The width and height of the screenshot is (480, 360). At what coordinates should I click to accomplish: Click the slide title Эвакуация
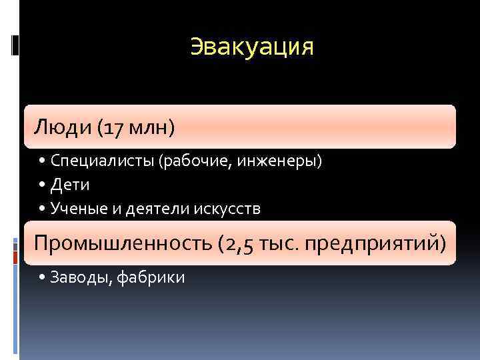click(x=252, y=47)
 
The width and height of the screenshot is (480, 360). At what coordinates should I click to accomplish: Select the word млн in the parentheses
click(x=150, y=126)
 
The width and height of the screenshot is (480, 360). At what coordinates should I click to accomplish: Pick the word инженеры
click(x=285, y=161)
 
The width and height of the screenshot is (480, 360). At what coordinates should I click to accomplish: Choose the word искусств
click(x=227, y=209)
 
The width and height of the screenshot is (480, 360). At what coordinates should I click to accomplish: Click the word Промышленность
click(x=123, y=243)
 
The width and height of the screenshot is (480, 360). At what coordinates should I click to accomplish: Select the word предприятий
click(x=374, y=243)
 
